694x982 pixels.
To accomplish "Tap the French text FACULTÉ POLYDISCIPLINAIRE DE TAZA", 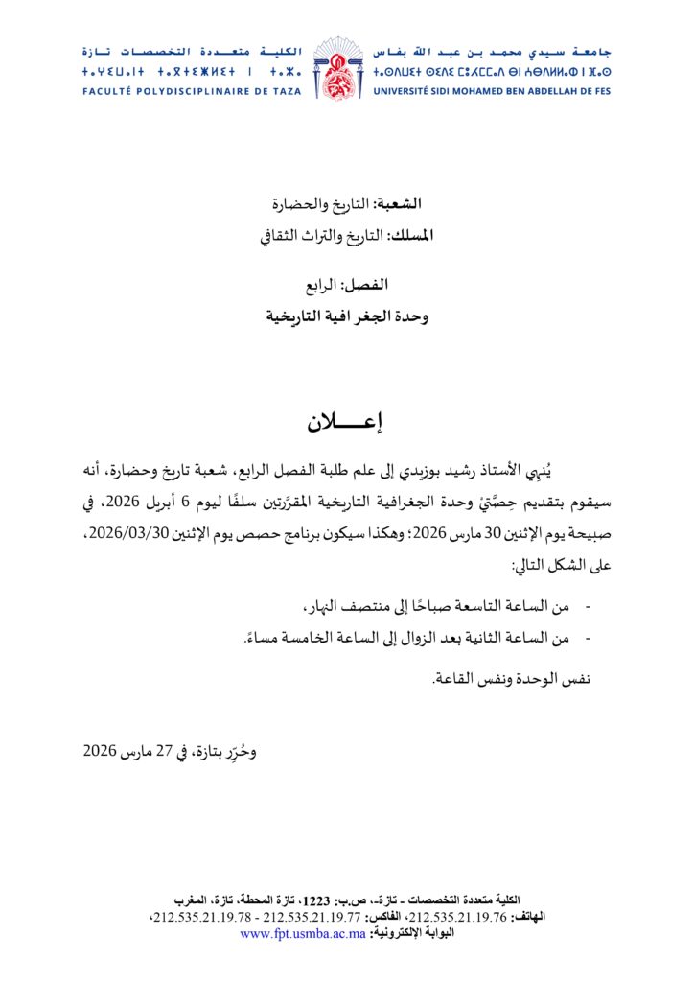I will (191, 92).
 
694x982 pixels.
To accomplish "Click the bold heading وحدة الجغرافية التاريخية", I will (348, 315).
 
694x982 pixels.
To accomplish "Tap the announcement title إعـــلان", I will (346, 422).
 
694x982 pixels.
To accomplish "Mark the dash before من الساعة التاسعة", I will (587, 607).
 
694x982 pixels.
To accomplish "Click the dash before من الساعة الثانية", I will (587, 638).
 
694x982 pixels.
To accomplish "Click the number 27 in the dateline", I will (162, 750).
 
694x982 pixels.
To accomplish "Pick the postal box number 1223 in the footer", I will (316, 900).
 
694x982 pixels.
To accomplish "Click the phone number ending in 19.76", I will (466, 917).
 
